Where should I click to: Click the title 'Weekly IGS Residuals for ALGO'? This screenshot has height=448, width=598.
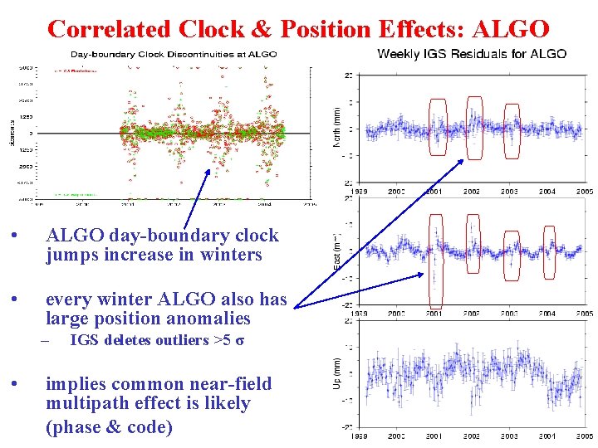click(x=472, y=54)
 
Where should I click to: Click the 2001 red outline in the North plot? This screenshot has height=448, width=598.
click(x=436, y=128)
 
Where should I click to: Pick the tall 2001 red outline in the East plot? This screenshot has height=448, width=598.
click(x=435, y=261)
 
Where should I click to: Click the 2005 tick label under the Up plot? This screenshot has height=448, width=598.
click(x=585, y=436)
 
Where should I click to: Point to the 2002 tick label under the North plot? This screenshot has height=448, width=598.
click(x=471, y=192)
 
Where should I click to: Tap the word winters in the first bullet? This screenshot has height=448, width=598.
click(x=227, y=256)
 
